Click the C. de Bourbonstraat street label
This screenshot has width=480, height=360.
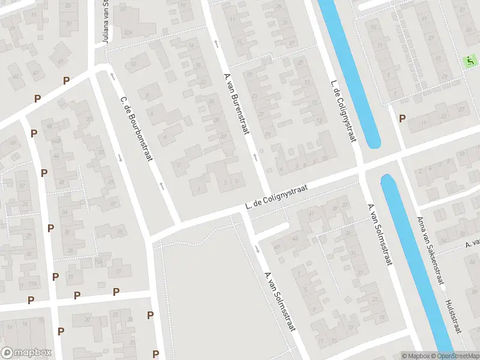137,128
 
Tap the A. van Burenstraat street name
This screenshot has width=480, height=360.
237,103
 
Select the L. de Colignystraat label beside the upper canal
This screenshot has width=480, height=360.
343,111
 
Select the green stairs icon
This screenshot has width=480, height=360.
470,61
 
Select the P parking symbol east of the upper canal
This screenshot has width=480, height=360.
402,118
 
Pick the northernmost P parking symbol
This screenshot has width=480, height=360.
66,80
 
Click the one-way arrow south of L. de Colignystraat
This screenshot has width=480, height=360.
257,248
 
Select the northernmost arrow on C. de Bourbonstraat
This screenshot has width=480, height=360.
112,76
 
